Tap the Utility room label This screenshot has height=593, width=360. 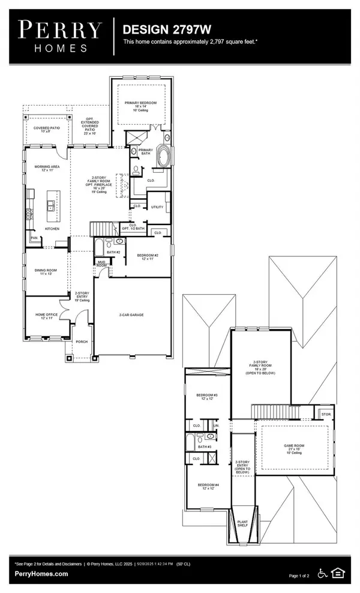point(157,206)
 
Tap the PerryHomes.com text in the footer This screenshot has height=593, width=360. point(41,574)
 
